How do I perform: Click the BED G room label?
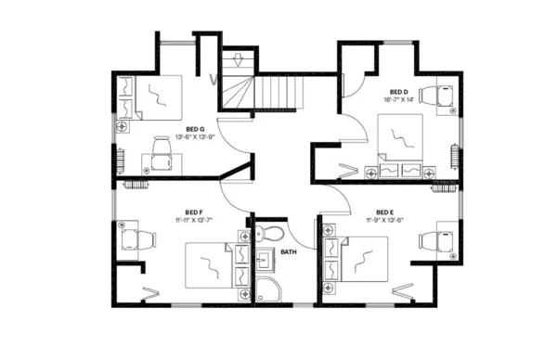pos(194,129)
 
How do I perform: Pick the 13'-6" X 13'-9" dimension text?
pos(194,137)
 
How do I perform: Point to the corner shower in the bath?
pos(266,289)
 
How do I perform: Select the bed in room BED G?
pos(155,96)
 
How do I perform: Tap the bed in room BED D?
pos(402,139)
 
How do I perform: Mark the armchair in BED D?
pos(435,95)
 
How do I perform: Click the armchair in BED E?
pos(434,240)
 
